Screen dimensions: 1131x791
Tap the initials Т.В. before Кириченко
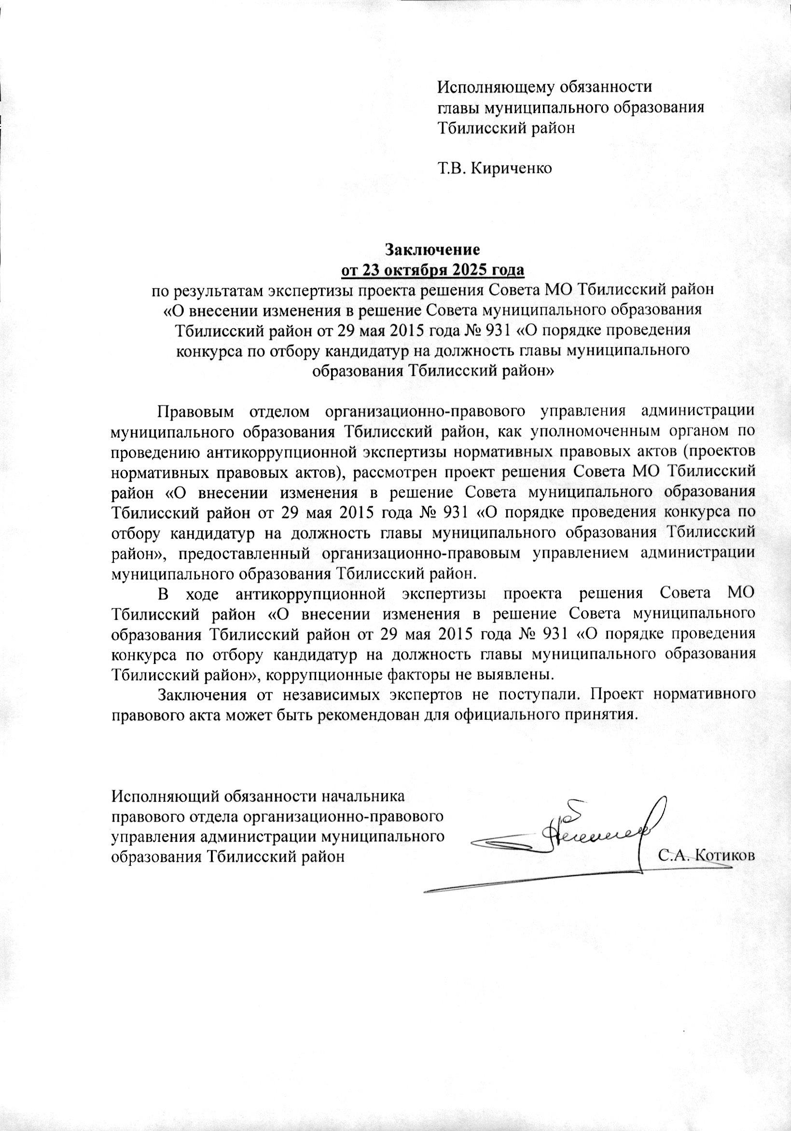(452, 169)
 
